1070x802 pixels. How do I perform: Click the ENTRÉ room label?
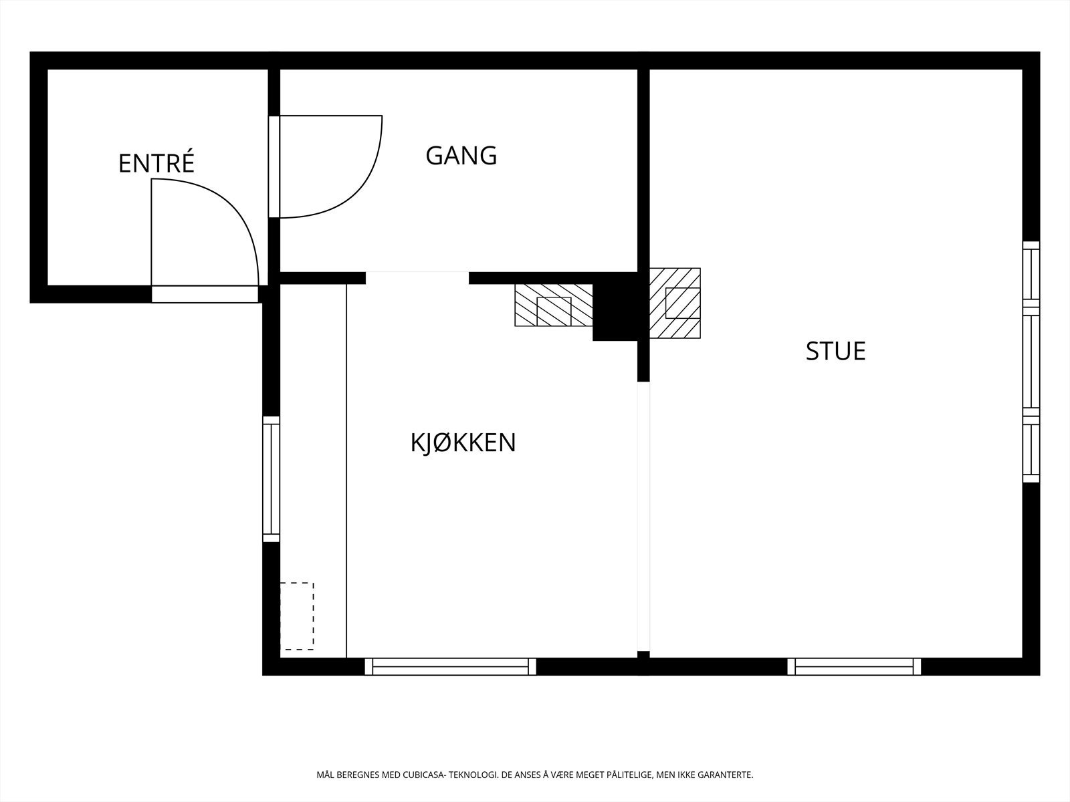pyautogui.click(x=156, y=164)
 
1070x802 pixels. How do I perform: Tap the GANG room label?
pyautogui.click(x=461, y=156)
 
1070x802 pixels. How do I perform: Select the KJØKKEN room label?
pyautogui.click(x=463, y=442)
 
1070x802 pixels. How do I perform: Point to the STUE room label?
pyautogui.click(x=835, y=352)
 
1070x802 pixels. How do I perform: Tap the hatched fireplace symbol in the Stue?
pyautogui.click(x=675, y=303)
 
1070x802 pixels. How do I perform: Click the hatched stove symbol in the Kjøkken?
pyautogui.click(x=553, y=305)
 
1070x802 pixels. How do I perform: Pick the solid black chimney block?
pyautogui.click(x=615, y=307)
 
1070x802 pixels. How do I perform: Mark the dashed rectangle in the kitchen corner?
pyautogui.click(x=297, y=616)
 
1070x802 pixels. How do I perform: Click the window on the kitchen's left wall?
pyautogui.click(x=271, y=479)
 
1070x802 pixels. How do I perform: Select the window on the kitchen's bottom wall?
pyautogui.click(x=450, y=666)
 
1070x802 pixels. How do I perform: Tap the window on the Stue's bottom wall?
pyautogui.click(x=853, y=666)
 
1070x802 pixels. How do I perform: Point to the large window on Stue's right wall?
pyautogui.click(x=1031, y=362)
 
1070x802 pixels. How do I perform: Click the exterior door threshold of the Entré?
pyautogui.click(x=205, y=294)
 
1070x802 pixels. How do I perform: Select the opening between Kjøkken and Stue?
pyautogui.click(x=643, y=516)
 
